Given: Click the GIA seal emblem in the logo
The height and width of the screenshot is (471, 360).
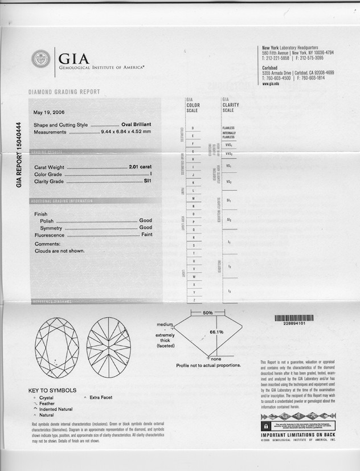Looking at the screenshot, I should (41, 59).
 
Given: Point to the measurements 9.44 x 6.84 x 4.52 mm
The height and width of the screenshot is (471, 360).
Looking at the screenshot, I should (126, 132).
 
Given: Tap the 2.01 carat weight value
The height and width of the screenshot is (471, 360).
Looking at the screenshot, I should (140, 167).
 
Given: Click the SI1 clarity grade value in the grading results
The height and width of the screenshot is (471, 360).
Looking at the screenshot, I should (147, 181).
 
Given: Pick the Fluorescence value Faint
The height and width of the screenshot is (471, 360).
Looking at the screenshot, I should (146, 235).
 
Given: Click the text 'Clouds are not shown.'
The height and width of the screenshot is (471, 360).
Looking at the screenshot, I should (59, 251).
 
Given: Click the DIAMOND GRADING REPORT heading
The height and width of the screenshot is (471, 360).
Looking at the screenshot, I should (64, 92).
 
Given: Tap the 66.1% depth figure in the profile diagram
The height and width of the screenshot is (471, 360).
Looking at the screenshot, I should (216, 331).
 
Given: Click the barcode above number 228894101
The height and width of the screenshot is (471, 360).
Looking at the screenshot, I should (293, 318).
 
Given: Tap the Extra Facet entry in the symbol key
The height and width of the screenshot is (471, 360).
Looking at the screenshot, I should (103, 397).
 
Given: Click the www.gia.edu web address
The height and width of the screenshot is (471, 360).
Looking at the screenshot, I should (270, 83).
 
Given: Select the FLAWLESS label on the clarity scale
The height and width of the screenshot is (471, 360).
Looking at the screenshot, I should (228, 128).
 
